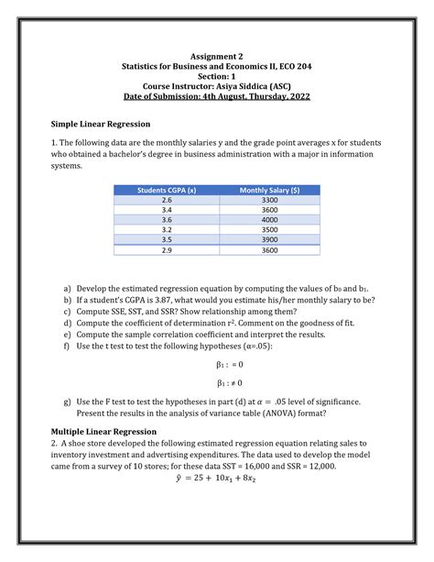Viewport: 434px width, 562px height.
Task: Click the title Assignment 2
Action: pyautogui.click(x=216, y=56)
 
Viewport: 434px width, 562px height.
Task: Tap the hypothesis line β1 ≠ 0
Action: pyautogui.click(x=216, y=382)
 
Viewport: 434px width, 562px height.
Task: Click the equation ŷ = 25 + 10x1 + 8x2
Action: pyautogui.click(x=216, y=478)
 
